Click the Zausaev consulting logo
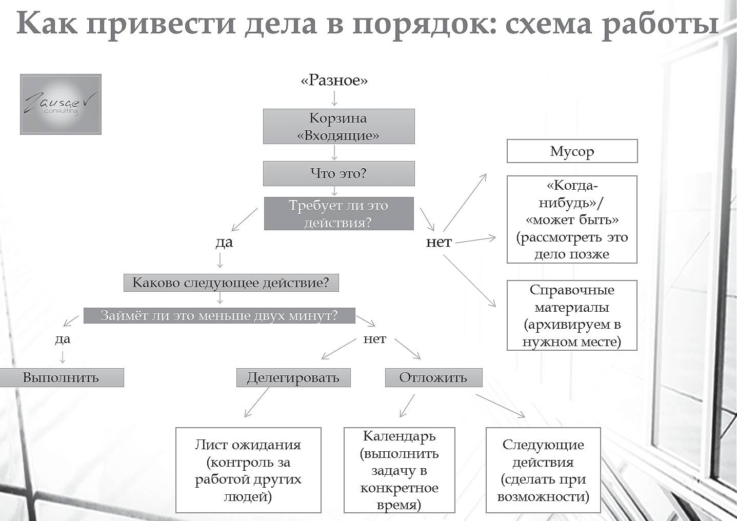click(61, 104)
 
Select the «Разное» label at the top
click(334, 81)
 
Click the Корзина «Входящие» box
click(338, 126)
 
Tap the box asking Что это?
click(338, 173)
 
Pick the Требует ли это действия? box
click(338, 213)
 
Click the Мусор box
click(572, 151)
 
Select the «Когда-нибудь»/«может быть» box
click(572, 219)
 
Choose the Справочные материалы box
click(572, 315)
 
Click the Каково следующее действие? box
click(231, 283)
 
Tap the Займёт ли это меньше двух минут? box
click(220, 315)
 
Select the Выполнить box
click(61, 377)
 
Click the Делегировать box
click(293, 377)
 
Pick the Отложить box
click(433, 377)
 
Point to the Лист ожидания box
click(248, 470)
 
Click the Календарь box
click(399, 470)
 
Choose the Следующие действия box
click(543, 470)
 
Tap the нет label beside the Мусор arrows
click(439, 242)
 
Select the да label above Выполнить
click(63, 339)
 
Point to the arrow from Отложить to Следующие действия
click(500, 406)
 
